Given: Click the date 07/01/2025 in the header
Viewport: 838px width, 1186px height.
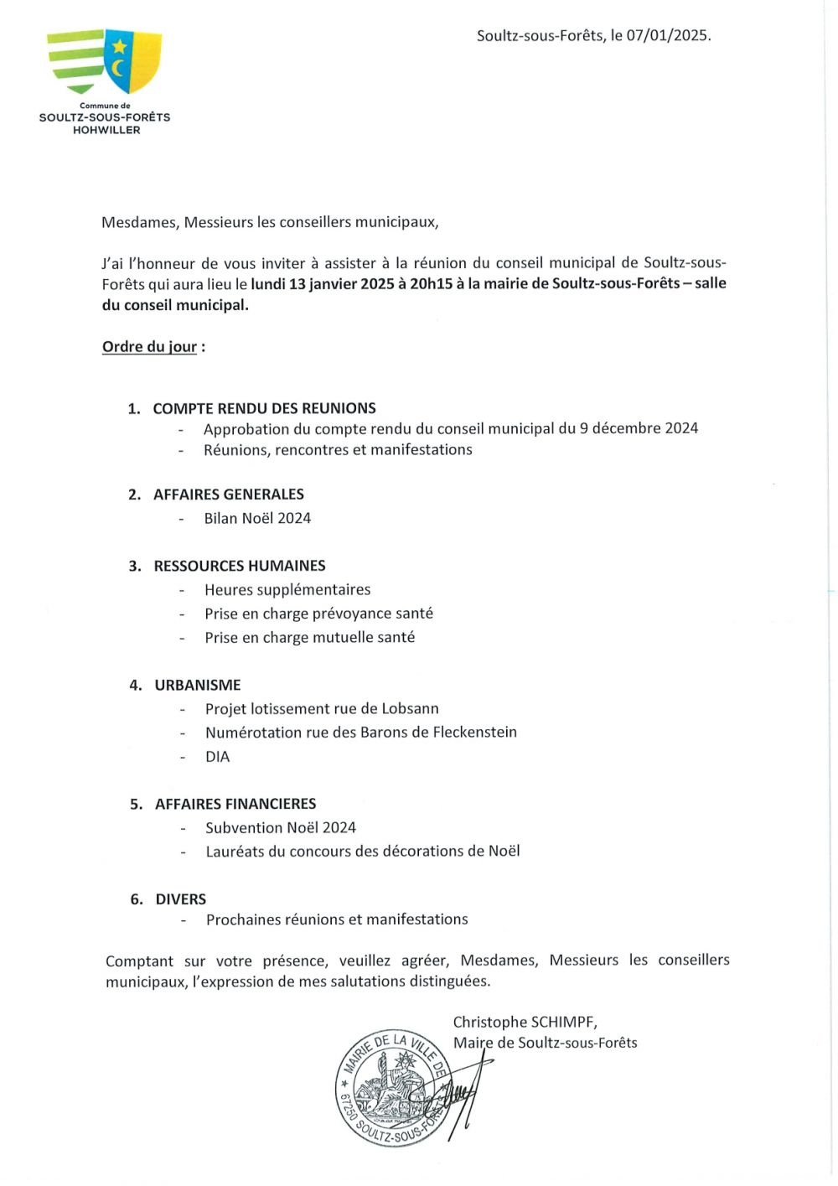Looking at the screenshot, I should (x=668, y=35).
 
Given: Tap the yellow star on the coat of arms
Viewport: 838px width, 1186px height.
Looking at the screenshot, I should (x=120, y=47).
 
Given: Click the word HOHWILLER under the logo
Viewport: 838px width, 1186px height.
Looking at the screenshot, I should (x=106, y=130).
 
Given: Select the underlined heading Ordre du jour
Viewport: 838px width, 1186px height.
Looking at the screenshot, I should (x=149, y=346).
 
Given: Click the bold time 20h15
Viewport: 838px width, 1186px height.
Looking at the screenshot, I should (x=431, y=283).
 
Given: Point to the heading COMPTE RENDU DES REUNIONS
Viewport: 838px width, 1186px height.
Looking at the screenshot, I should (x=264, y=408).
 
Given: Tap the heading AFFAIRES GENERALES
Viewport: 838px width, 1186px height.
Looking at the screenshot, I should (x=228, y=495).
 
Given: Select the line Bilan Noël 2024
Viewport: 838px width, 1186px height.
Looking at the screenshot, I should (x=257, y=518).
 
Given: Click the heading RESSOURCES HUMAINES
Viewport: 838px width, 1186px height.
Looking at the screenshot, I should (x=240, y=566).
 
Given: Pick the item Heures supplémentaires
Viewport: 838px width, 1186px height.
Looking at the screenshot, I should (x=287, y=589).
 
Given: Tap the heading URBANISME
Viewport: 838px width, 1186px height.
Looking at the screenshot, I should (x=198, y=685).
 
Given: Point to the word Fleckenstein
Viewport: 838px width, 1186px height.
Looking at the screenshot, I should (x=474, y=732).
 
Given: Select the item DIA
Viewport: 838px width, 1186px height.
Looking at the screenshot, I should (x=217, y=756).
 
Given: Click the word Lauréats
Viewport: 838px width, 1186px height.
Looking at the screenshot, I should (x=235, y=851).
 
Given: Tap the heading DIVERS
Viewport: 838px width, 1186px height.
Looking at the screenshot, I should (x=180, y=899).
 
